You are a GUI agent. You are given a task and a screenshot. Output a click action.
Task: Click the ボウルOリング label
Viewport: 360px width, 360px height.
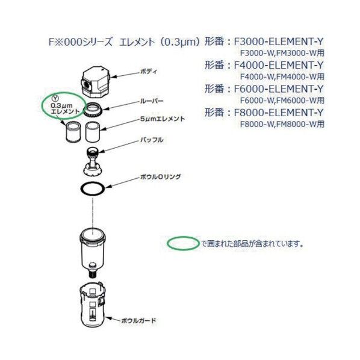pyautogui.click(x=160, y=177)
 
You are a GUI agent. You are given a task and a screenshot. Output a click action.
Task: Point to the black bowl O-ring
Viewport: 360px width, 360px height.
pyautogui.click(x=92, y=188)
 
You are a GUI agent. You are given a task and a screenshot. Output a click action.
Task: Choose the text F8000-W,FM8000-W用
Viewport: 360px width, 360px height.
pyautogui.click(x=281, y=124)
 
